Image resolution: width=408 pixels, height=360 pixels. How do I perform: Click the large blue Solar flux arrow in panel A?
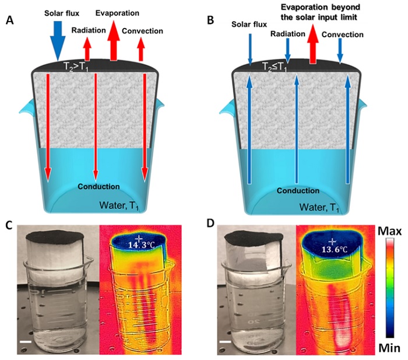[x=58, y=40]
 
